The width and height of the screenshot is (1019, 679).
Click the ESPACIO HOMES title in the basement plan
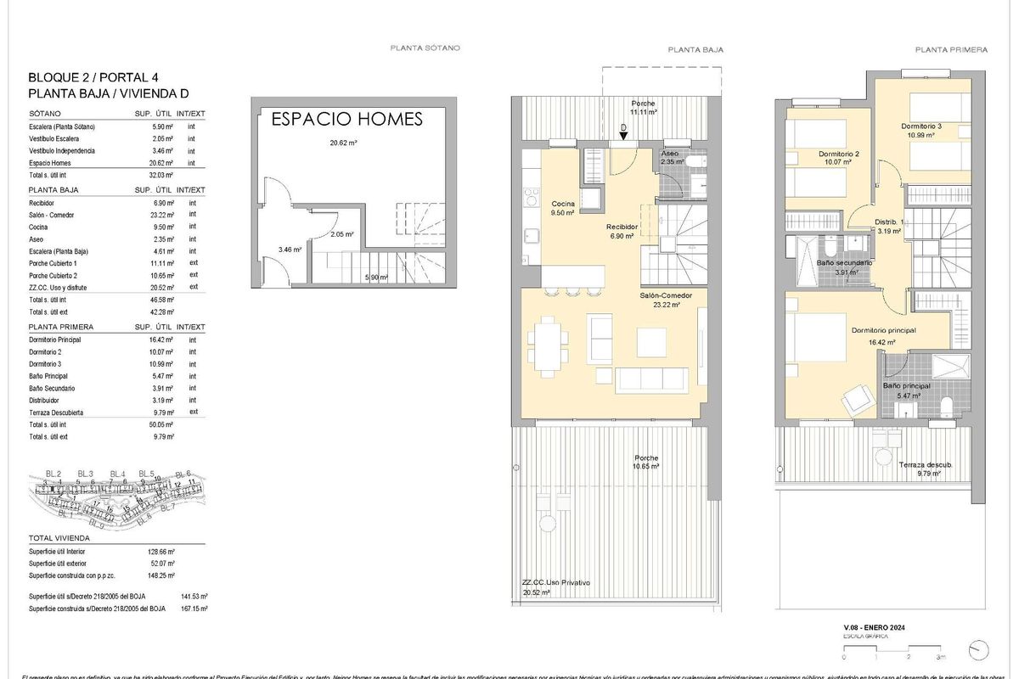[346, 119]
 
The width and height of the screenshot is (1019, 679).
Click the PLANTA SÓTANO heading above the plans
[425, 48]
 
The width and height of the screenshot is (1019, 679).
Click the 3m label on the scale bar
[940, 657]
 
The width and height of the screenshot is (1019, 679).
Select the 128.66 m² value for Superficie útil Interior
[161, 552]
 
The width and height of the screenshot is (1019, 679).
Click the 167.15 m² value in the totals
[194, 609]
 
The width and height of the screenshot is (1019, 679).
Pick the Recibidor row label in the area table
[42, 204]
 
